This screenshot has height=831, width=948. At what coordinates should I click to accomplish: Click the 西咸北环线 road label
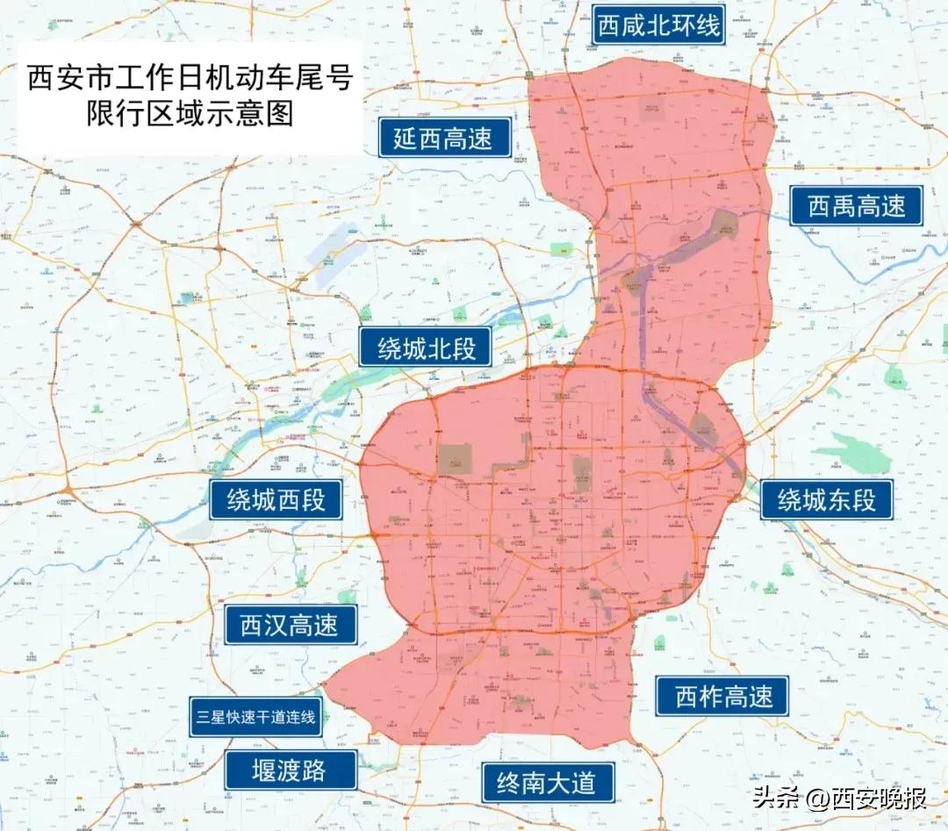(x=658, y=25)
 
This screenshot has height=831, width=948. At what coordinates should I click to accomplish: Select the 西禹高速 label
(x=856, y=206)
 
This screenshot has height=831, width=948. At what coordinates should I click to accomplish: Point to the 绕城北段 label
(x=427, y=348)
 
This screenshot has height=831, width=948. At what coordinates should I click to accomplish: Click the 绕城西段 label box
(x=276, y=499)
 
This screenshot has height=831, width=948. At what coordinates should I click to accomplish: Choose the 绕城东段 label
(x=826, y=500)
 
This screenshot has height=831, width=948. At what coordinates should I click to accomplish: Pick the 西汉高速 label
(x=289, y=625)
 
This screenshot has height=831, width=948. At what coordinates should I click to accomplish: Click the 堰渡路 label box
(x=291, y=770)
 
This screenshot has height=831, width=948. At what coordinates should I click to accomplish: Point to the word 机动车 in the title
(x=241, y=79)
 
